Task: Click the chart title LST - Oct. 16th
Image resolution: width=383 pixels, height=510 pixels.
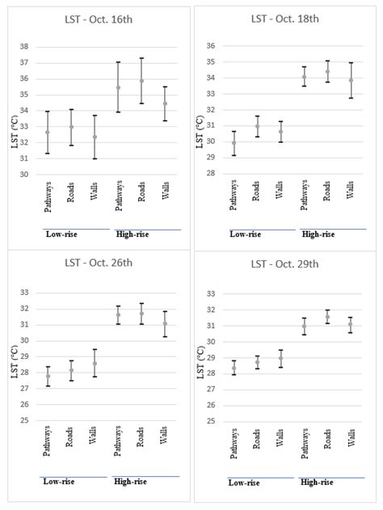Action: pyautogui.click(x=95, y=18)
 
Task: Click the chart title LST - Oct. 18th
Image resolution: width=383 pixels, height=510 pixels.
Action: pyautogui.click(x=284, y=18)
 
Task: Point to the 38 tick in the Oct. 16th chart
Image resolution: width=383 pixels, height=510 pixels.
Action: pyautogui.click(x=24, y=47)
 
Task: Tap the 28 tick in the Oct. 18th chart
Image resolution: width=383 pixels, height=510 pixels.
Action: pyautogui.click(x=212, y=173)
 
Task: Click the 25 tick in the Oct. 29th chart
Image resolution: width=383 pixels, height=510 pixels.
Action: pyautogui.click(x=212, y=421)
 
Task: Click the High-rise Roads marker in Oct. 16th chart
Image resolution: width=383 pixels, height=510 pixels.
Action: pyautogui.click(x=141, y=81)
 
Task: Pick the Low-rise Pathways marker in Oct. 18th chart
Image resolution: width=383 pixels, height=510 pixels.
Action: pyautogui.click(x=234, y=143)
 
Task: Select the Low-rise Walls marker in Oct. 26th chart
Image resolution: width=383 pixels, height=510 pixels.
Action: pyautogui.click(x=95, y=363)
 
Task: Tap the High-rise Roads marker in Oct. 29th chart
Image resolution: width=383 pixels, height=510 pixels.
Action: pyautogui.click(x=327, y=317)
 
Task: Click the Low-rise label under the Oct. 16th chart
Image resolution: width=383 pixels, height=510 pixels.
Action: pyautogui.click(x=61, y=234)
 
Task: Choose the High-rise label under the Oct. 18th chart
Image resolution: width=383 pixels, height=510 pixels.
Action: pyautogui.click(x=318, y=234)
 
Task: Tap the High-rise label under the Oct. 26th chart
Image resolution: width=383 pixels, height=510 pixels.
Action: pyautogui.click(x=129, y=482)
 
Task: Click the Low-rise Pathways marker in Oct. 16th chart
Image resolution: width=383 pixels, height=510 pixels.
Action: pyautogui.click(x=47, y=132)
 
